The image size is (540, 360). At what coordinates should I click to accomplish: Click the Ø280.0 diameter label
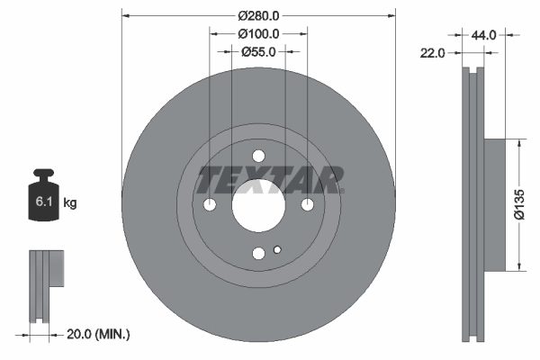pos(258,15)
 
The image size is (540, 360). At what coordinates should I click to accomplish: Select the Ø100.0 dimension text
pos(258,33)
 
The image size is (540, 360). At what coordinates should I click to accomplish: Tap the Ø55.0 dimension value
pos(258,51)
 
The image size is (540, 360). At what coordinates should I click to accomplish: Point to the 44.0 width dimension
pos(484,35)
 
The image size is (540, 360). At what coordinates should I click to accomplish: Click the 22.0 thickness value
pos(433,54)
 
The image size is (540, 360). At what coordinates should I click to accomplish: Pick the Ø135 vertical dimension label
pos(519,203)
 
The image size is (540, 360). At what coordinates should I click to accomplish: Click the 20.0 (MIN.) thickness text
pos(99,334)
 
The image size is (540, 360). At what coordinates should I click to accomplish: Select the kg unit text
pos(70,203)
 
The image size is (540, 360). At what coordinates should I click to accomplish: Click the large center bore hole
pos(258,205)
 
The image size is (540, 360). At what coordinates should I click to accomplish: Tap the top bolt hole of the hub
pos(258,156)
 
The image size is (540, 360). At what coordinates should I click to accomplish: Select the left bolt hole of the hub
pos(210,205)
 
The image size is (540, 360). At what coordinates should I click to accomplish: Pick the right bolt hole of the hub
pos(308,205)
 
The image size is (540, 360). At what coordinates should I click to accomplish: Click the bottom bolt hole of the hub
pos(258,255)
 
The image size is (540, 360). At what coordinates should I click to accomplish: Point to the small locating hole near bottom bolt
pos(278,250)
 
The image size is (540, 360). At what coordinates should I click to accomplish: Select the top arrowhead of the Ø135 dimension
pos(519,142)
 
